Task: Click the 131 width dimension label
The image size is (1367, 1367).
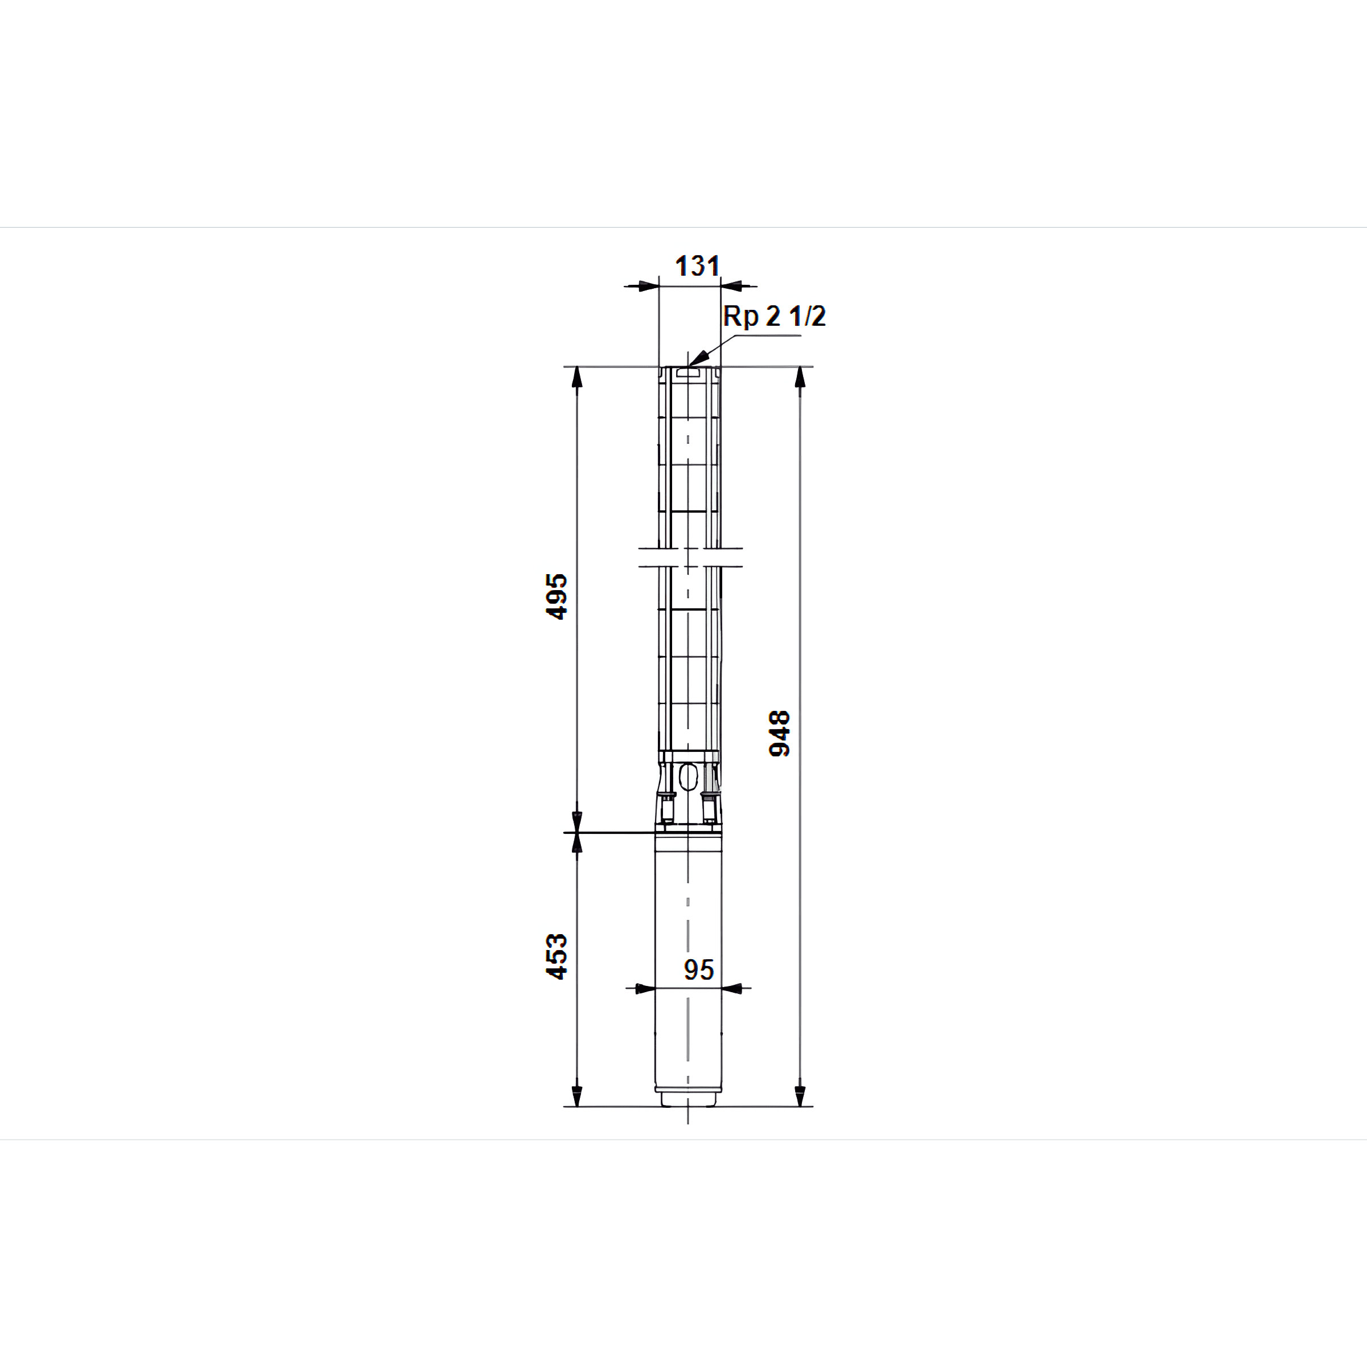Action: (698, 266)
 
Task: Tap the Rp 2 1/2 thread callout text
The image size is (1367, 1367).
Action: (774, 316)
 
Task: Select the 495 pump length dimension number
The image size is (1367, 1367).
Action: (557, 596)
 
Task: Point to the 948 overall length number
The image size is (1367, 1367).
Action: (779, 734)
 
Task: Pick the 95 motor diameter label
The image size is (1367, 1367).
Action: (698, 970)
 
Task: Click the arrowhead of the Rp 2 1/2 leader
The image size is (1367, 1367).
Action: (698, 358)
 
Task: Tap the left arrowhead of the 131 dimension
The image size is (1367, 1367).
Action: (649, 287)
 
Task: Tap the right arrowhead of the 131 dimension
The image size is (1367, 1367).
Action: (731, 287)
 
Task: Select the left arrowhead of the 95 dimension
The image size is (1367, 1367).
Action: (645, 988)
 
